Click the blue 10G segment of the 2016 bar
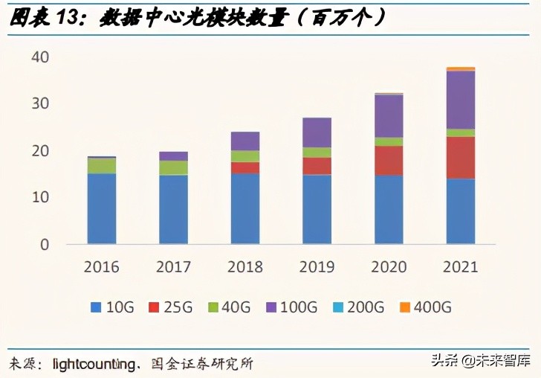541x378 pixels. [x=101, y=208]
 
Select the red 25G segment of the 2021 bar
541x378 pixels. [x=460, y=158]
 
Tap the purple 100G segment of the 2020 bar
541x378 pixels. [x=389, y=116]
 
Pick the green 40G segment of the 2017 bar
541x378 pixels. [x=173, y=167]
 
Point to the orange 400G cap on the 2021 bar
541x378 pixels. [x=460, y=68]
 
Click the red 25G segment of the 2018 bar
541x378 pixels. [x=245, y=167]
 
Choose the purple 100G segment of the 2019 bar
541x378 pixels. [x=317, y=132]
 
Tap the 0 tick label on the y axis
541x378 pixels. [x=44, y=244]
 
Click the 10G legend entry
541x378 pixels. [x=111, y=307]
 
